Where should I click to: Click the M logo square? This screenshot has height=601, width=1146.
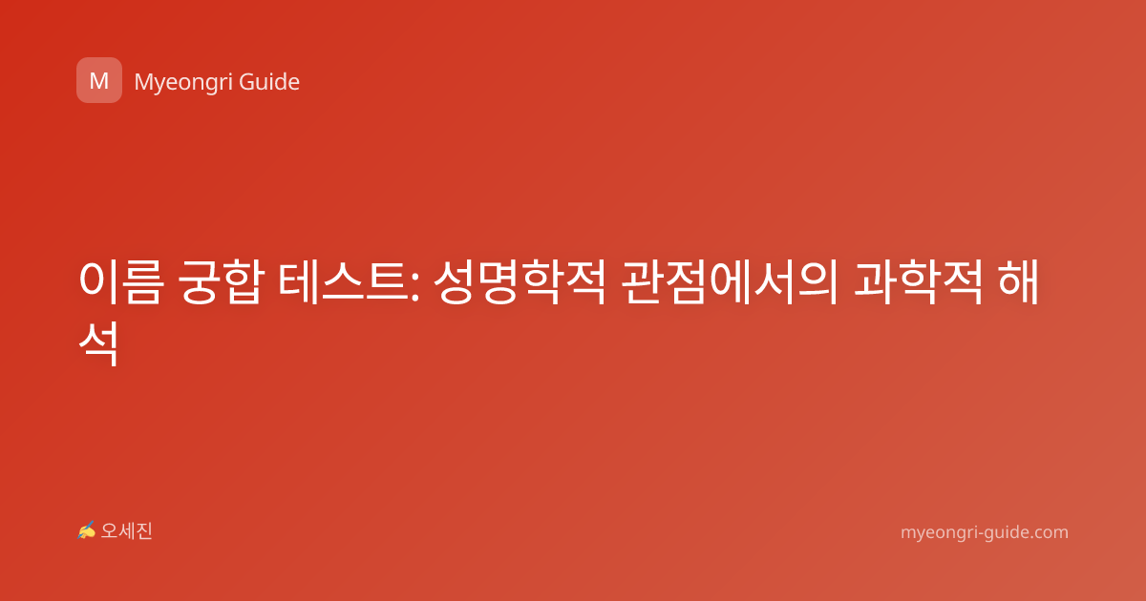click(99, 80)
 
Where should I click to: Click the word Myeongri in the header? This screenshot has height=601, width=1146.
click(183, 83)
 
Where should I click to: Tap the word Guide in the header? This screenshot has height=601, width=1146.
click(269, 82)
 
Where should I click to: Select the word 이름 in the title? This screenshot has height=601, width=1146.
click(121, 282)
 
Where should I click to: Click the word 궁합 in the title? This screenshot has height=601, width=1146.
click(221, 282)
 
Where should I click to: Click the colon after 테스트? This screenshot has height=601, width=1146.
click(414, 290)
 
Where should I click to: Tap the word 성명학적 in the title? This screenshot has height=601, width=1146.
click(520, 282)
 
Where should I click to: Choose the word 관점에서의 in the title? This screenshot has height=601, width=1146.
click(730, 282)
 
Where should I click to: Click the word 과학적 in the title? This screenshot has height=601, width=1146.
click(919, 282)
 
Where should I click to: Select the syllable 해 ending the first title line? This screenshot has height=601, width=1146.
click(1018, 281)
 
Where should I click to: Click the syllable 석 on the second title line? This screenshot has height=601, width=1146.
click(98, 342)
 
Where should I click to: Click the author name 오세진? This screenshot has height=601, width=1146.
click(127, 531)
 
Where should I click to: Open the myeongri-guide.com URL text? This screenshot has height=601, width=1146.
click(985, 532)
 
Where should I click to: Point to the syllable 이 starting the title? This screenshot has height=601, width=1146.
click(98, 282)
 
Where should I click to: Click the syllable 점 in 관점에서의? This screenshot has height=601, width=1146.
click(687, 282)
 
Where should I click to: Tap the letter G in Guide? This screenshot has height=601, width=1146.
click(247, 82)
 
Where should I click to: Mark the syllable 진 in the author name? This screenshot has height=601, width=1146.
click(144, 531)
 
